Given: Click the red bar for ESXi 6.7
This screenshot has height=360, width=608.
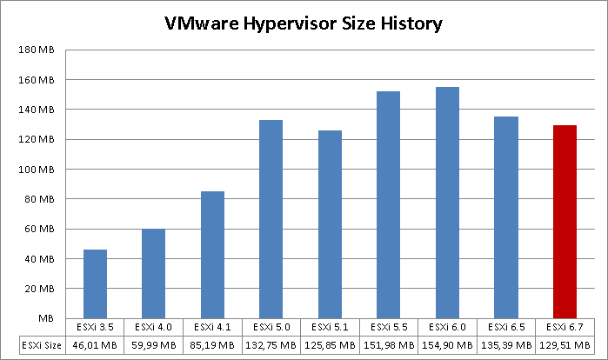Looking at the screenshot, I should (x=565, y=222).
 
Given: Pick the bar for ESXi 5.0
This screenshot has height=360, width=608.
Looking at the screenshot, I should (x=271, y=218).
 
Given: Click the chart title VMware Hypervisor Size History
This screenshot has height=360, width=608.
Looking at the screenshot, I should (x=304, y=23).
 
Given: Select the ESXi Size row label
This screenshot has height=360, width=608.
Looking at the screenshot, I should (x=42, y=344).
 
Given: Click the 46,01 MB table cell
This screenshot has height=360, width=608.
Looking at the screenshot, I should (x=95, y=344).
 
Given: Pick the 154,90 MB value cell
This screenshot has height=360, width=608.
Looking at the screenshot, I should (x=447, y=344).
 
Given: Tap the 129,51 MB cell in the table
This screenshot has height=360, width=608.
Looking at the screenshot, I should (x=565, y=344).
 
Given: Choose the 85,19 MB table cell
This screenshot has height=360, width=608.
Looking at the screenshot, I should (x=212, y=344).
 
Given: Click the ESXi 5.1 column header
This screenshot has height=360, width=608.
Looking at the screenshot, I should (x=330, y=327).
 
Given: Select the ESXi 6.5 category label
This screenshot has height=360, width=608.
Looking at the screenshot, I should (x=505, y=327).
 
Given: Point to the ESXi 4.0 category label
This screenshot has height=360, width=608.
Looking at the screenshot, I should (x=153, y=327).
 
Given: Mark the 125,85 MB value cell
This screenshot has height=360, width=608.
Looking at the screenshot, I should (x=330, y=344).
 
